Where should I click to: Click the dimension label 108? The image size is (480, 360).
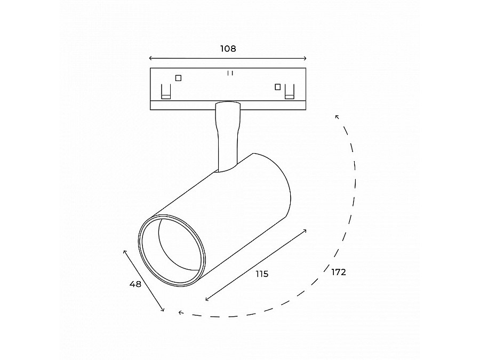click(x=228, y=49)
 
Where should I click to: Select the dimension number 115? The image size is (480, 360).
click(x=261, y=274)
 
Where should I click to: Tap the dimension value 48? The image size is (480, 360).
click(x=135, y=284)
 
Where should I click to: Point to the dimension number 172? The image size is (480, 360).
click(x=339, y=272)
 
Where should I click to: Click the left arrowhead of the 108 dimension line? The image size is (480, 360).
click(x=151, y=58)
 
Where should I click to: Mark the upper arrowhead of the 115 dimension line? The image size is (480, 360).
click(x=305, y=230)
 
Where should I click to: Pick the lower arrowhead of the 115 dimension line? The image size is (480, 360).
click(x=207, y=300)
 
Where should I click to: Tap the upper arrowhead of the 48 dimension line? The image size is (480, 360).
click(x=124, y=251)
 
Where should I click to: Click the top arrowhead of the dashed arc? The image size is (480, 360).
click(x=337, y=116)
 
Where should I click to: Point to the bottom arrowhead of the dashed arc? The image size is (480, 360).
click(x=180, y=313)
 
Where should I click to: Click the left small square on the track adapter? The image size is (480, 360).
click(x=178, y=78)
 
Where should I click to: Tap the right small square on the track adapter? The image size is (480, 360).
click(x=277, y=86)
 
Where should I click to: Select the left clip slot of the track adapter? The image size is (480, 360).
click(x=166, y=92)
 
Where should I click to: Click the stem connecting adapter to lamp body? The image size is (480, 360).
click(x=226, y=136)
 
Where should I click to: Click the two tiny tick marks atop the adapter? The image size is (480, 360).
click(x=230, y=73)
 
